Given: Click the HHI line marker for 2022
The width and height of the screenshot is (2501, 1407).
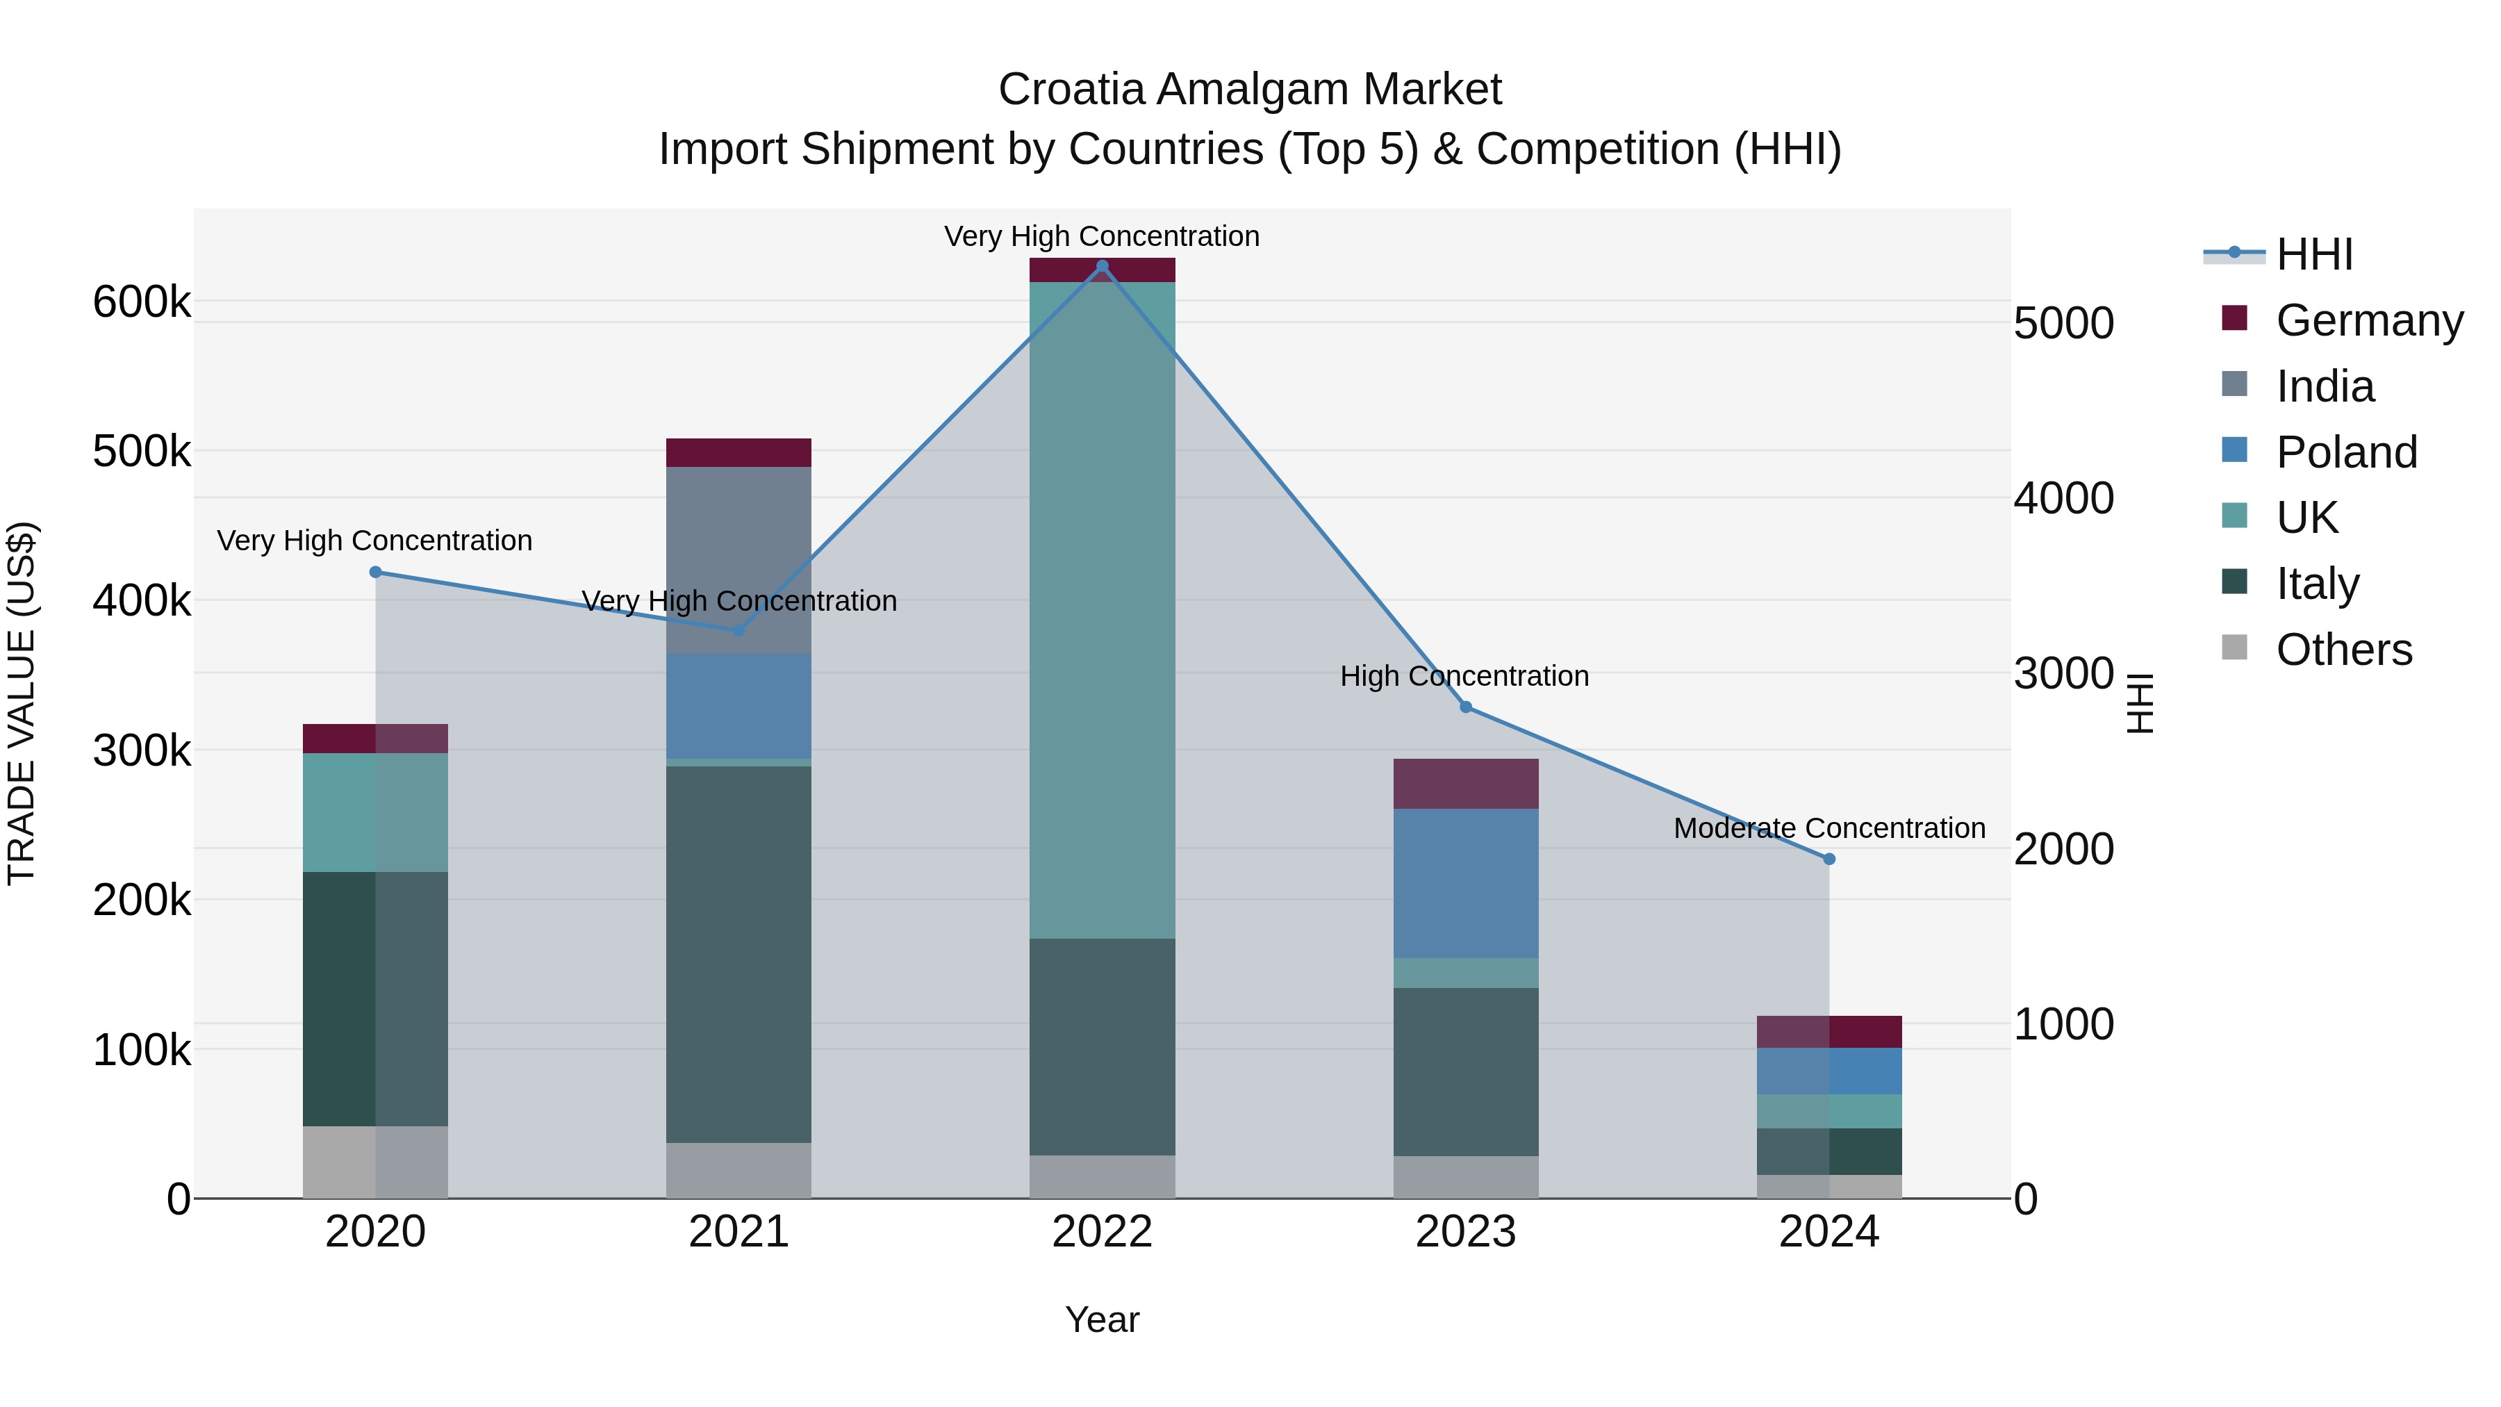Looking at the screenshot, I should point(1102,266).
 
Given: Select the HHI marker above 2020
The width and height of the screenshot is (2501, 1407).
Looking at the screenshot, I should point(376,572).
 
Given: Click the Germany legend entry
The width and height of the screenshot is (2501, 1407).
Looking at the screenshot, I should point(2369,320).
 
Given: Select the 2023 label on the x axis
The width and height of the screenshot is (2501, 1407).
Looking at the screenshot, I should point(1465,1231).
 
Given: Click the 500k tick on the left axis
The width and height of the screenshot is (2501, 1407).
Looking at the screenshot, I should point(142,452).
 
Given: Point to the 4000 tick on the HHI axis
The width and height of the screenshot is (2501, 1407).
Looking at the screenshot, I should point(2063,497).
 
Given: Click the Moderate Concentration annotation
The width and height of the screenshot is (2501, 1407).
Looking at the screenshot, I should point(1829,828).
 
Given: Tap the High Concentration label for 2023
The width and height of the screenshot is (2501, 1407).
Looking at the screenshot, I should point(1464,676).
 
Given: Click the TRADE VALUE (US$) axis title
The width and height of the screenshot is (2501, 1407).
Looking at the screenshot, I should point(22,703).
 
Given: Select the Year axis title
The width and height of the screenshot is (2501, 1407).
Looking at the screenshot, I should point(1102,1319).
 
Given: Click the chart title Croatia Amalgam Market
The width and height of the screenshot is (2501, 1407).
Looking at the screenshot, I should point(1250,90).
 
